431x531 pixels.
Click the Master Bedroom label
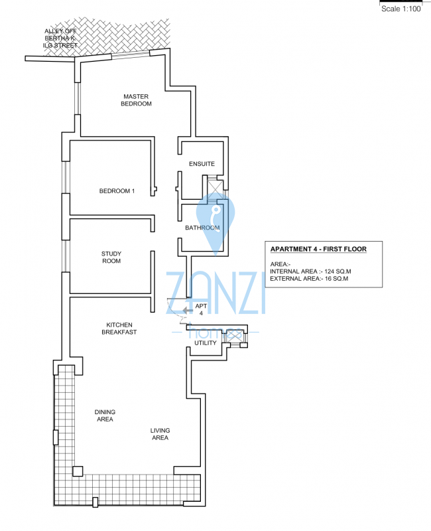[136, 100]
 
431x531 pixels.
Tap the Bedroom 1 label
[117, 191]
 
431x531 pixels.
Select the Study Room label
[111, 258]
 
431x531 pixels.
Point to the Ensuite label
[202, 164]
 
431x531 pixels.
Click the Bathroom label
[202, 228]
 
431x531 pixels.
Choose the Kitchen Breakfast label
[119, 329]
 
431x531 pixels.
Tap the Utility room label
[206, 343]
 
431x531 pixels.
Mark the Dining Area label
[105, 416]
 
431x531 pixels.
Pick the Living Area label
[160, 434]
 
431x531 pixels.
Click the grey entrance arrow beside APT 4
[188, 310]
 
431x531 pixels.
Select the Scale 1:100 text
[401, 9]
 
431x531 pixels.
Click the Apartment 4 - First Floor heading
[318, 250]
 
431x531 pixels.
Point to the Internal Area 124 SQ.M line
[310, 271]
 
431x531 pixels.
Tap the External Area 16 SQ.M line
[309, 279]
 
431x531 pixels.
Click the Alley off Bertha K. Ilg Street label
[60, 38]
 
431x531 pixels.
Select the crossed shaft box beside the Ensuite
[215, 190]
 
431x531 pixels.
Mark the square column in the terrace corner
[78, 471]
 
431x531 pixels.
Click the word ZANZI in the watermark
[215, 293]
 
